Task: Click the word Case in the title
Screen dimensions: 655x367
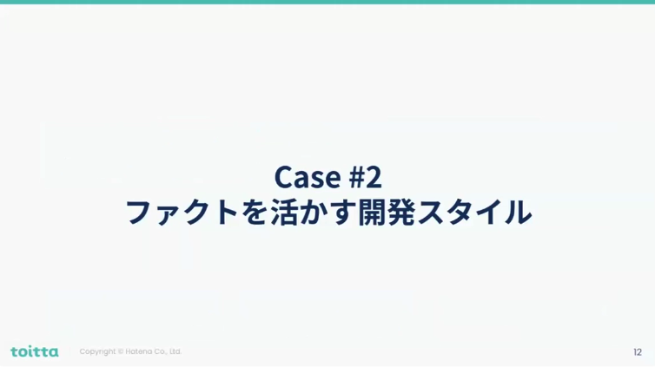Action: click(308, 177)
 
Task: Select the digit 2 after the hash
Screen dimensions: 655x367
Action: click(374, 177)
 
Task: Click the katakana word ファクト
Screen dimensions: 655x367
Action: click(182, 213)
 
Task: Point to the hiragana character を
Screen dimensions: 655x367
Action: click(255, 213)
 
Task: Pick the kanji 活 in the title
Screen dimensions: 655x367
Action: click(284, 213)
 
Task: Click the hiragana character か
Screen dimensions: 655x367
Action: click(314, 213)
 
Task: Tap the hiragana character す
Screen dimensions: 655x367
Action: click(341, 213)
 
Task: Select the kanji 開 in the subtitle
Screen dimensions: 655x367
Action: click(372, 213)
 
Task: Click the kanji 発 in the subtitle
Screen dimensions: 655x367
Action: click(401, 213)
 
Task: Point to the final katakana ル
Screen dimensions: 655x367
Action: click(518, 213)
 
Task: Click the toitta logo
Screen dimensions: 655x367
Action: click(35, 351)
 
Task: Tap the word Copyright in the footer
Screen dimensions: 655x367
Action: click(97, 351)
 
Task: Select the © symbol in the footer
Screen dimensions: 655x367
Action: click(121, 351)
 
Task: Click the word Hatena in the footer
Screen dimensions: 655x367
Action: click(139, 351)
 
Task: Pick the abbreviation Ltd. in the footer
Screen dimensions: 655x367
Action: click(175, 351)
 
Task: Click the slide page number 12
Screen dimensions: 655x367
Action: click(638, 352)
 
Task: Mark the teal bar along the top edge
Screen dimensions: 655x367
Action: click(327, 2)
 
